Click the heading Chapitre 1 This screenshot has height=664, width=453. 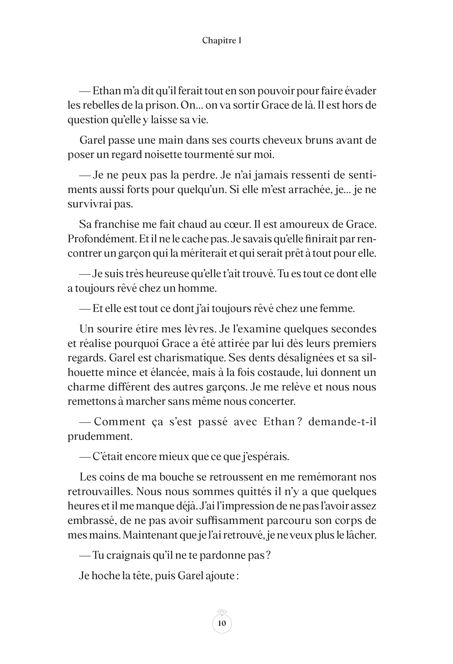coord(222,41)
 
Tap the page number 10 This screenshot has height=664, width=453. coord(222,623)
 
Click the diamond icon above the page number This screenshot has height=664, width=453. coord(222,612)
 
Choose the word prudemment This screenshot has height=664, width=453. coord(100,436)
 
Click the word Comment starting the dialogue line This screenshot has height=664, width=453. coord(120,422)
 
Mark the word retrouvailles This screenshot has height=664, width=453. coord(100,491)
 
